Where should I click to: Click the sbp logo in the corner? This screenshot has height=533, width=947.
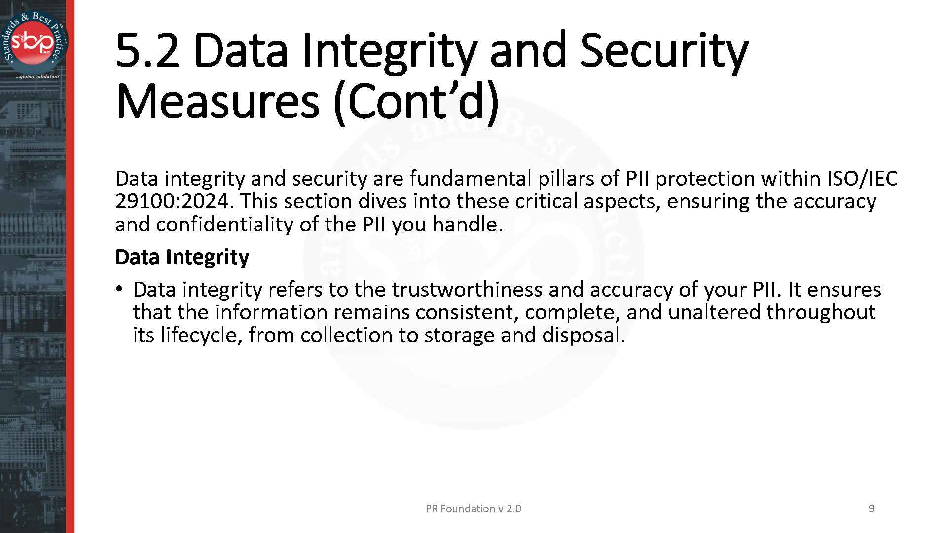35,42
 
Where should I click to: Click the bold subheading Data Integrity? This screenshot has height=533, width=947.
182,257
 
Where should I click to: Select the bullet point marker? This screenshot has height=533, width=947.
119,289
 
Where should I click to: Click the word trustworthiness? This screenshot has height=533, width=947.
467,289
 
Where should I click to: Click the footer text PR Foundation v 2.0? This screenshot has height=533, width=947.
473,509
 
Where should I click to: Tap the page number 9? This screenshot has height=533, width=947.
871,509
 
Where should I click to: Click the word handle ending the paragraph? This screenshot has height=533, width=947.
466,225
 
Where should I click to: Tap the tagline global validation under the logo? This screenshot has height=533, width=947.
37,76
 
